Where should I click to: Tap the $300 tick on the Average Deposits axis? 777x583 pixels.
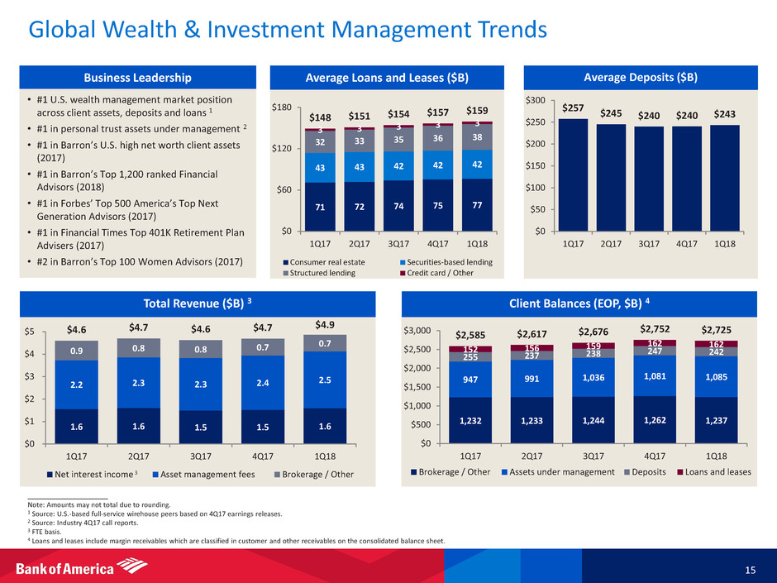coord(538,100)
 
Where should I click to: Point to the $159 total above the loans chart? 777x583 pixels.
coord(477,110)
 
